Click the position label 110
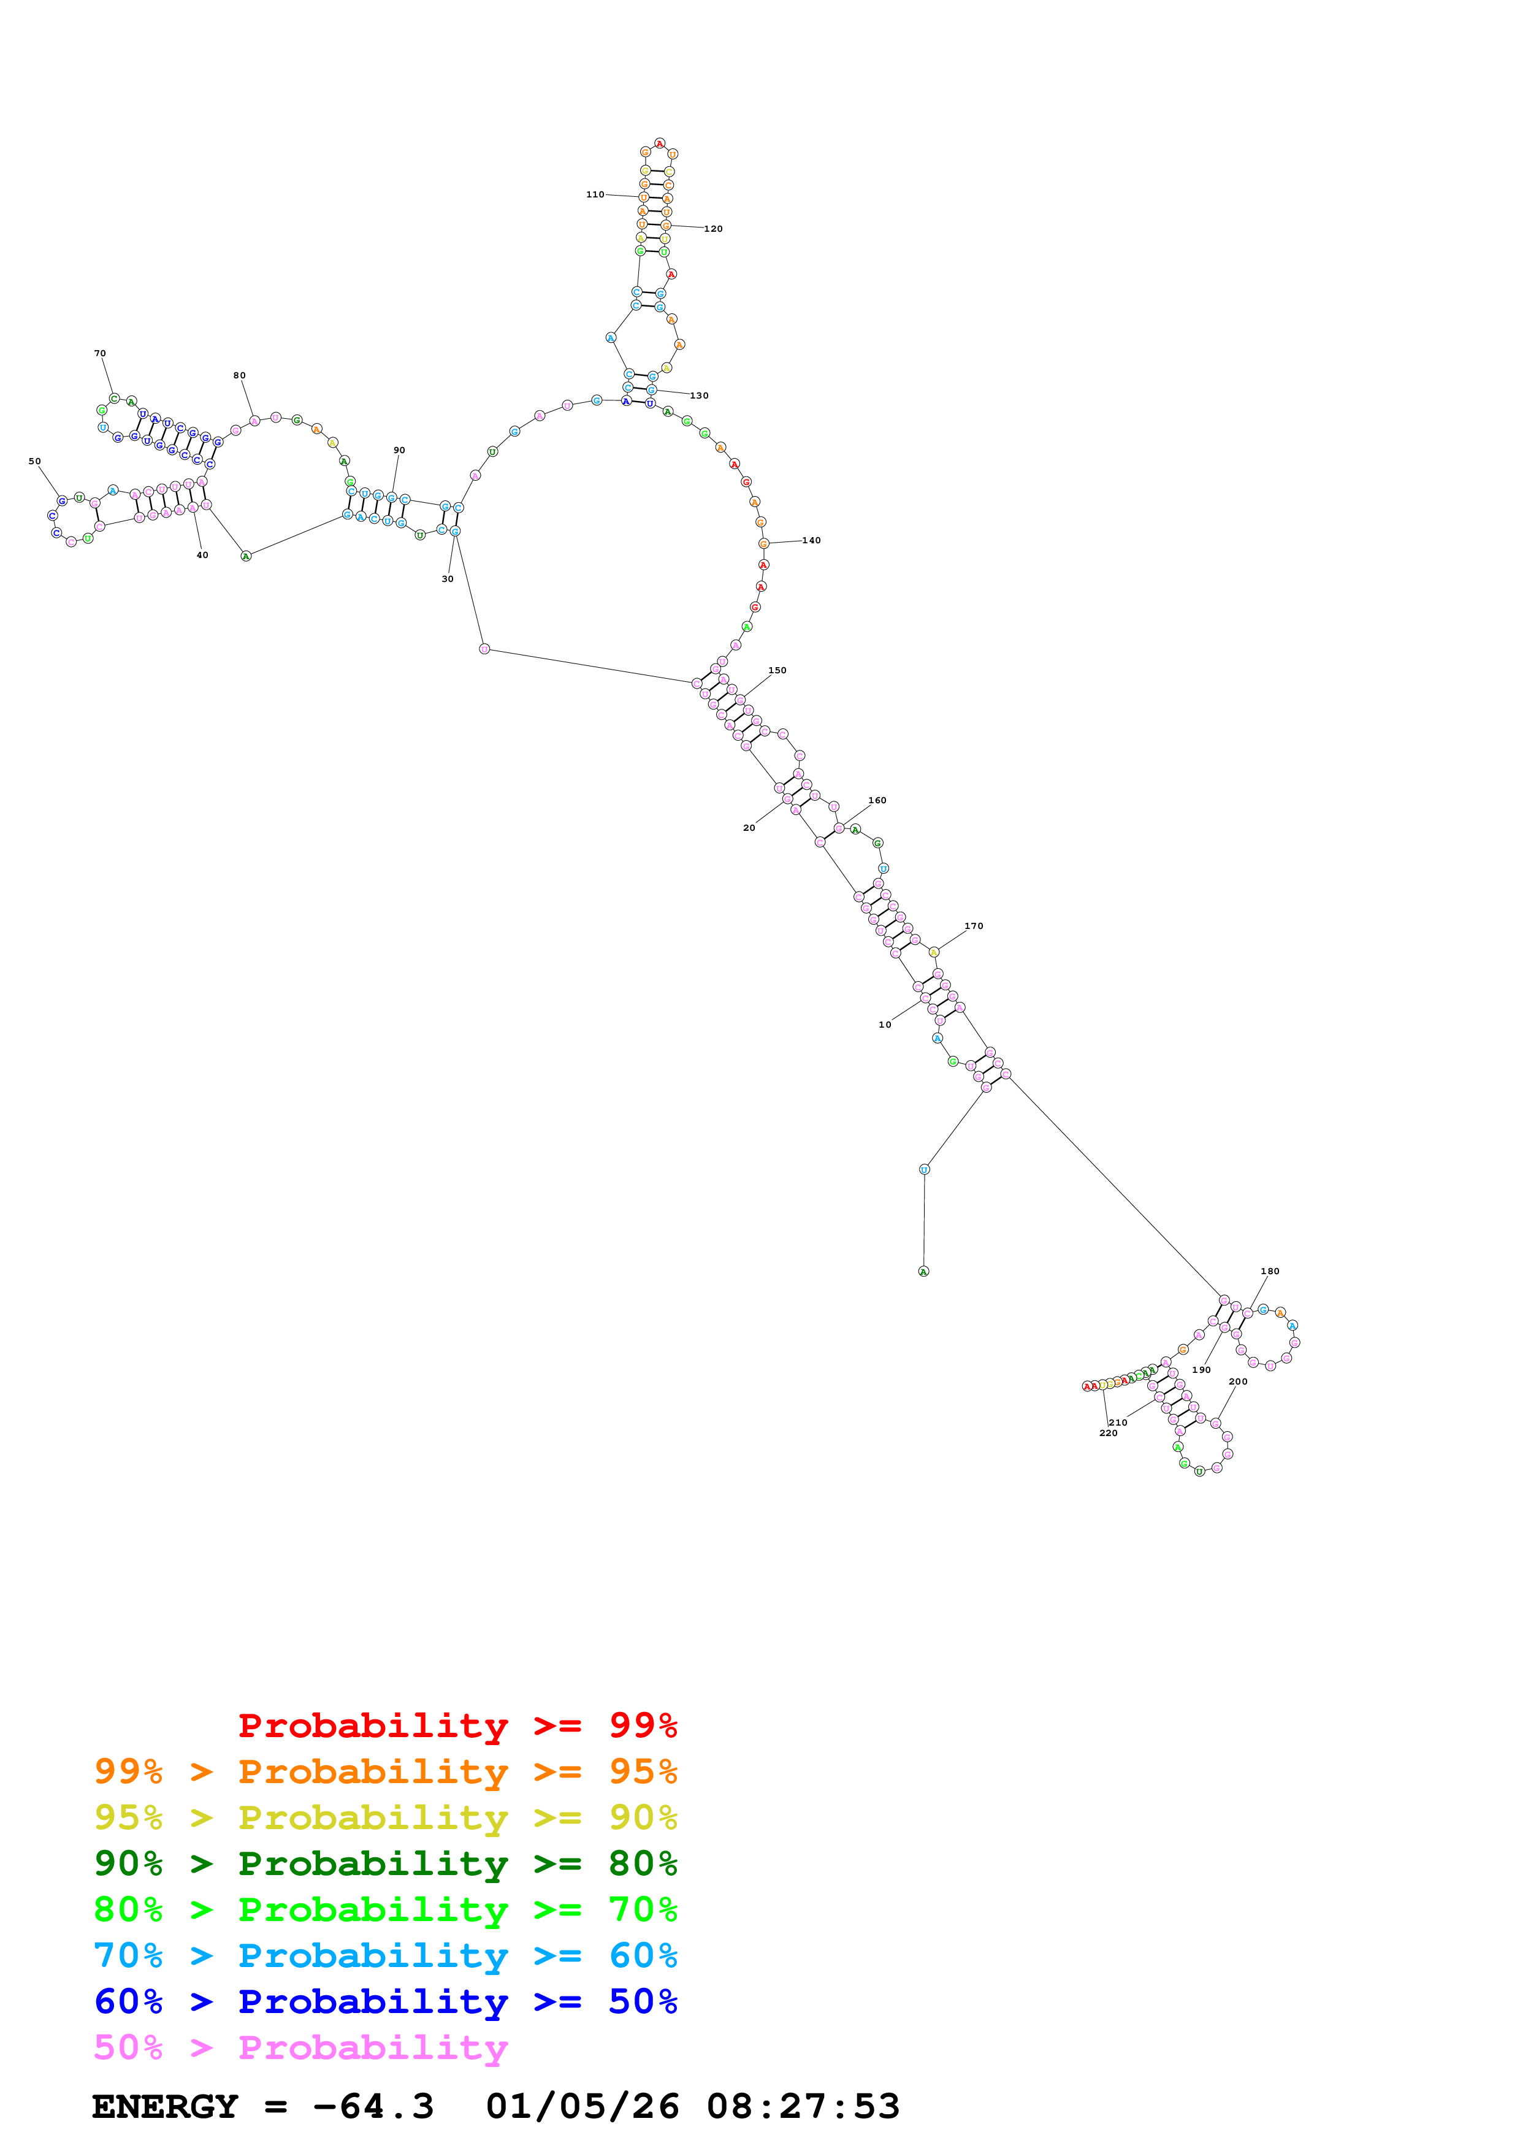(x=595, y=195)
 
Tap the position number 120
(x=714, y=229)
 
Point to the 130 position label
(x=700, y=395)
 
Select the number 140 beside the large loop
(x=811, y=541)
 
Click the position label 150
(x=777, y=671)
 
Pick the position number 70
(x=100, y=354)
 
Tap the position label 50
(x=35, y=462)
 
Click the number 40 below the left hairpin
(x=202, y=556)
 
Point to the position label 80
(x=240, y=376)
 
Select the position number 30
(x=448, y=579)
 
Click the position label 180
(x=1270, y=1271)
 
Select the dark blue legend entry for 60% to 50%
(x=385, y=2002)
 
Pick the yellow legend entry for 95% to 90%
(x=385, y=1817)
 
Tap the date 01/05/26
(x=582, y=2107)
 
